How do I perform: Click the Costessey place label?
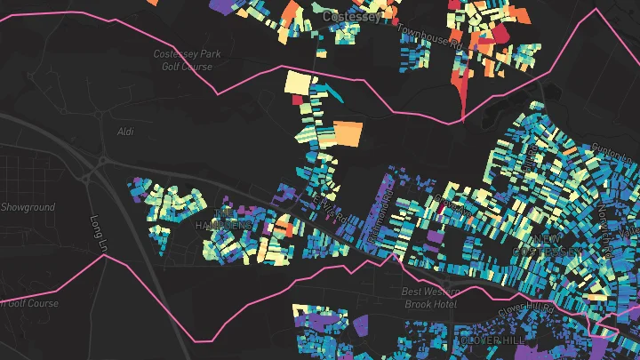(x=352, y=16)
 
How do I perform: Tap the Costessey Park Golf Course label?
(x=187, y=60)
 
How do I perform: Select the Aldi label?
(x=125, y=132)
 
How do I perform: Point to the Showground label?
(x=27, y=207)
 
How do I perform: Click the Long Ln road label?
(x=97, y=233)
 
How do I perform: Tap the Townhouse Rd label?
(x=430, y=36)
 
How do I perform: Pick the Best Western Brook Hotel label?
(x=429, y=297)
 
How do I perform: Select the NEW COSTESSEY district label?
(x=556, y=245)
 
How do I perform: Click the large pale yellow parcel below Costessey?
(x=299, y=83)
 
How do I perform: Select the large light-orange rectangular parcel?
(x=348, y=133)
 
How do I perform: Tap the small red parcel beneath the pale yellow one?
(x=297, y=100)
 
